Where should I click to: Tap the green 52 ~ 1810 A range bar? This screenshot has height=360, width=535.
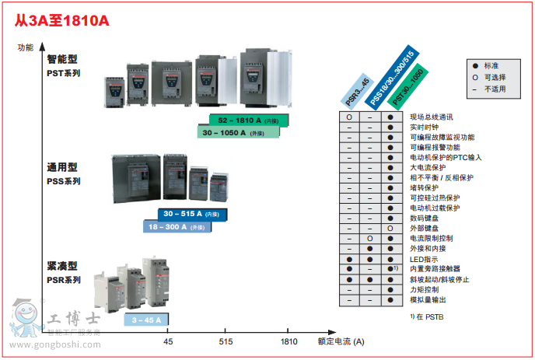coord(248,121)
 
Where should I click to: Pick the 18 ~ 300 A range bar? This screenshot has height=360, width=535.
coord(178,226)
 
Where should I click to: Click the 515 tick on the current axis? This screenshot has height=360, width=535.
coord(226,341)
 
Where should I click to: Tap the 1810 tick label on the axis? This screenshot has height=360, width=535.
coord(288,341)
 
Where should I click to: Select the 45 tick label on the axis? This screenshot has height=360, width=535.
coord(168,341)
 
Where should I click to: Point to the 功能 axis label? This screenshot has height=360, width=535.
coord(26,47)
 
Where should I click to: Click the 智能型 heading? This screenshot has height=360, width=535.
coord(62,59)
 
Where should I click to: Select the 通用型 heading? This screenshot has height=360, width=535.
coord(62,166)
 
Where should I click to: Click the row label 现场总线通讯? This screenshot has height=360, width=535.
coord(431,117)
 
